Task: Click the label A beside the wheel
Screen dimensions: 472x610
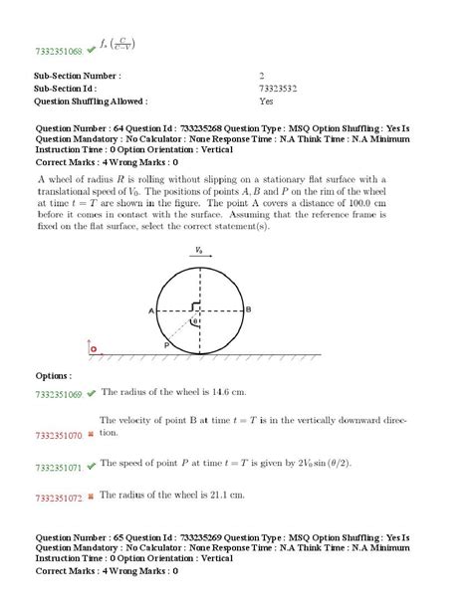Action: (x=151, y=310)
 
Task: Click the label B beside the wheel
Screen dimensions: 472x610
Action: (x=247, y=310)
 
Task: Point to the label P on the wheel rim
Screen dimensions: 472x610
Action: (x=166, y=341)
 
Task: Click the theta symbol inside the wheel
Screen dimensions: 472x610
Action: (x=195, y=321)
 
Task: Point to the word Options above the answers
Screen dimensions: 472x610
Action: (x=53, y=375)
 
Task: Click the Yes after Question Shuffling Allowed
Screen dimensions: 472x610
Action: (x=267, y=101)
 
